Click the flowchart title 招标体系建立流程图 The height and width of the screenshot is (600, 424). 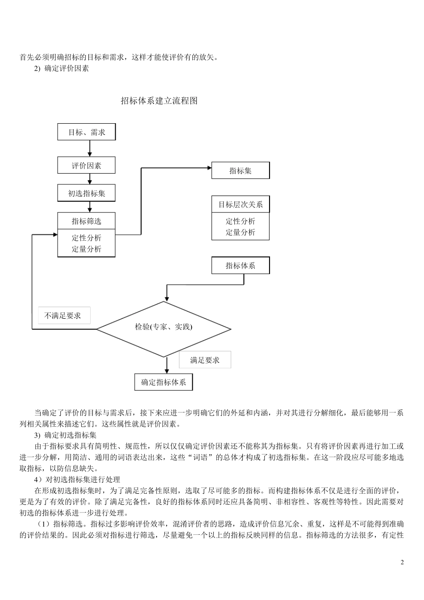pos(159,101)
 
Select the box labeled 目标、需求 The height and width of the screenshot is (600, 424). pos(87,132)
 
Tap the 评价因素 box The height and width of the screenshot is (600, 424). pos(87,166)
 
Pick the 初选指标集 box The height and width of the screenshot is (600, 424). pos(87,193)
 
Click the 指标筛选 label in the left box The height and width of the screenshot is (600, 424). pos(87,221)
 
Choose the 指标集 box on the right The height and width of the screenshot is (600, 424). pos(240,171)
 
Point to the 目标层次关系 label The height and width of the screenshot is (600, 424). pos(240,204)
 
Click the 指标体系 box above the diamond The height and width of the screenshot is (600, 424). pos(240,266)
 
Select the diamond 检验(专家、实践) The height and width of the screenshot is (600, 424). pos(164,327)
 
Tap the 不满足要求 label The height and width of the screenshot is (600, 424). pos(63,316)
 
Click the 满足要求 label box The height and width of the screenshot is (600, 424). pos(205,360)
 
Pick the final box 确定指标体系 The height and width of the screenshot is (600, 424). pos(164,382)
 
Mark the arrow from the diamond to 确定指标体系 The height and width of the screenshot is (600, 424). pos(166,365)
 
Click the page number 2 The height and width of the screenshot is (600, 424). pos(402,562)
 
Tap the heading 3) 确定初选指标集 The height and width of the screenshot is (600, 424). pos(65,435)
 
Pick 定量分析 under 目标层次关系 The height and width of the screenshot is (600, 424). pos(240,232)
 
